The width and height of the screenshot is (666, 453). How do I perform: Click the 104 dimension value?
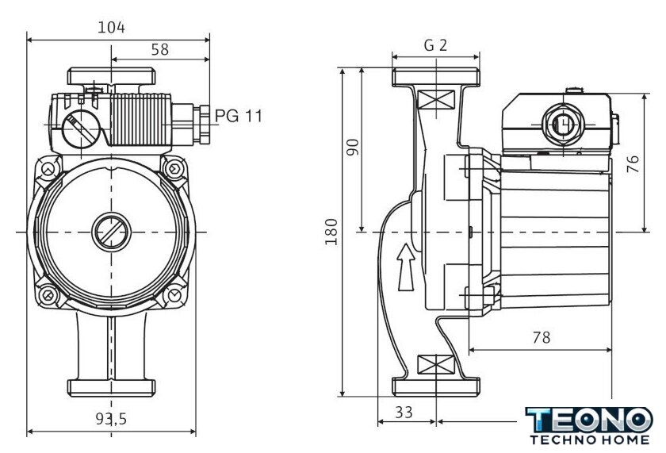pyautogui.click(x=111, y=27)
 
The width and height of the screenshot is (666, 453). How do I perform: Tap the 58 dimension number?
pyautogui.click(x=159, y=49)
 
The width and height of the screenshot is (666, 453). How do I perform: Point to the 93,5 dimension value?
pyautogui.click(x=112, y=420)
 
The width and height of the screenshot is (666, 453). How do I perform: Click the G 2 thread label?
pyautogui.click(x=435, y=45)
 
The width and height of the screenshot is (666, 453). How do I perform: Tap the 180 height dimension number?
pyautogui.click(x=331, y=232)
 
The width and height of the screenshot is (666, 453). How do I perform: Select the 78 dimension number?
pyautogui.click(x=541, y=337)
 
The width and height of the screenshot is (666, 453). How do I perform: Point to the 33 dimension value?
pyautogui.click(x=404, y=413)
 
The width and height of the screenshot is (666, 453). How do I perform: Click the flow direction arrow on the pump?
pyautogui.click(x=405, y=265)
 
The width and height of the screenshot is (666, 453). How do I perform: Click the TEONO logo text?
pyautogui.click(x=590, y=420)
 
